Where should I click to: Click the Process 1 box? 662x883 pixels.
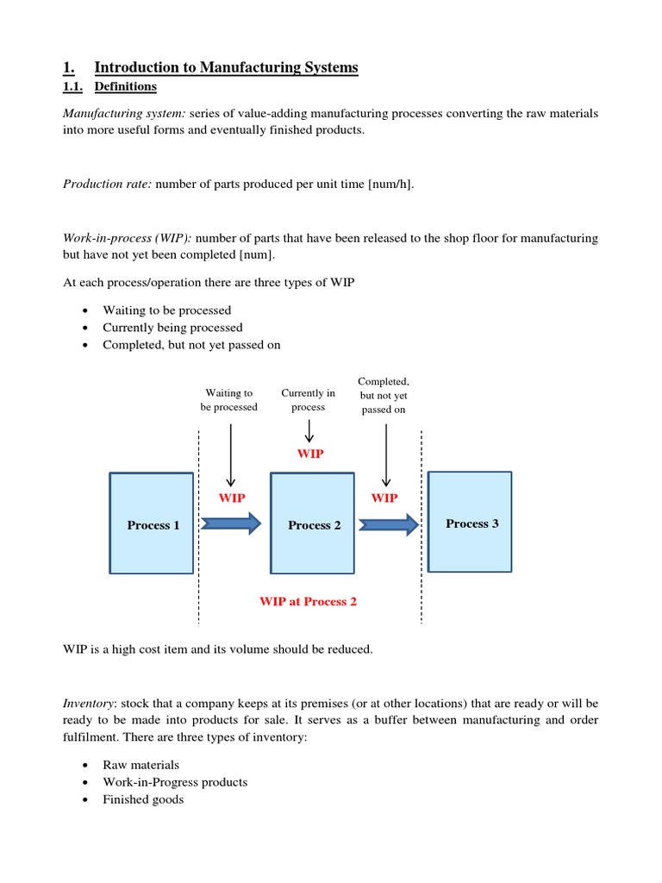pos(152,523)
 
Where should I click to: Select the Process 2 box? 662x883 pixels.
pos(313,523)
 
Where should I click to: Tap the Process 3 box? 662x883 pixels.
pos(471,522)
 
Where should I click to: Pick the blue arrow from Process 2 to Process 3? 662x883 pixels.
pos(389,524)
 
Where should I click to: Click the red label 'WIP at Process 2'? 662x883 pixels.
pos(308,601)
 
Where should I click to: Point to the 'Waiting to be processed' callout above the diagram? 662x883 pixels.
pos(228,399)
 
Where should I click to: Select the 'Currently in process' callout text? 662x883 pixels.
pos(308,399)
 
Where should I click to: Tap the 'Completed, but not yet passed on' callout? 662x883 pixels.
pos(384,395)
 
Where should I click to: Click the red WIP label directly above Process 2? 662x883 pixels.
pos(310,454)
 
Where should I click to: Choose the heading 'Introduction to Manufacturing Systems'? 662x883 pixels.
pos(226,67)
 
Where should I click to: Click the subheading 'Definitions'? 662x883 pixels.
pos(126,86)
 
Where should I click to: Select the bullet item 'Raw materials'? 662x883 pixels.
pos(141,765)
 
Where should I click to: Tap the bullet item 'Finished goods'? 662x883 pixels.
pos(143,799)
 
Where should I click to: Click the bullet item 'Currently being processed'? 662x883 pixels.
pos(172,328)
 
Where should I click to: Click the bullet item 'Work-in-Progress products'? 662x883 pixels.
pos(175,782)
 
